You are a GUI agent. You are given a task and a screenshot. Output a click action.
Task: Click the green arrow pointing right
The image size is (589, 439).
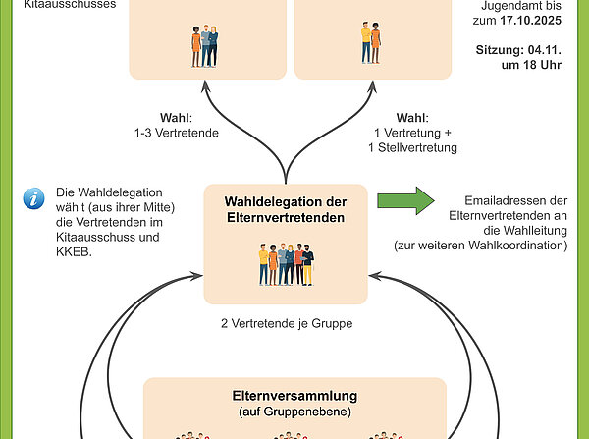(x=404, y=200)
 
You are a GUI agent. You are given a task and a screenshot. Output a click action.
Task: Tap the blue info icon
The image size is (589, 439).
(x=34, y=198)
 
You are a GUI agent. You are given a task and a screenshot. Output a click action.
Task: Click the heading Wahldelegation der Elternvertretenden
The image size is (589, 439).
(x=286, y=210)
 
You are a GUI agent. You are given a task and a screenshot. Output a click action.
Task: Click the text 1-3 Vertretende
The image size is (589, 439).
(x=176, y=132)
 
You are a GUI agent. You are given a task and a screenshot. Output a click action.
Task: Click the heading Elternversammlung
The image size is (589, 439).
(x=295, y=396)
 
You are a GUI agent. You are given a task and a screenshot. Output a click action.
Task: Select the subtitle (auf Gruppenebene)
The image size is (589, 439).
(x=295, y=412)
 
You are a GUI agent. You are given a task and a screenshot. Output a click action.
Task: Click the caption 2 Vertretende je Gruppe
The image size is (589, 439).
(x=286, y=321)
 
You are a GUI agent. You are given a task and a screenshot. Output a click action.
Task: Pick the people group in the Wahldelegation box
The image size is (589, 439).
(x=286, y=264)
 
